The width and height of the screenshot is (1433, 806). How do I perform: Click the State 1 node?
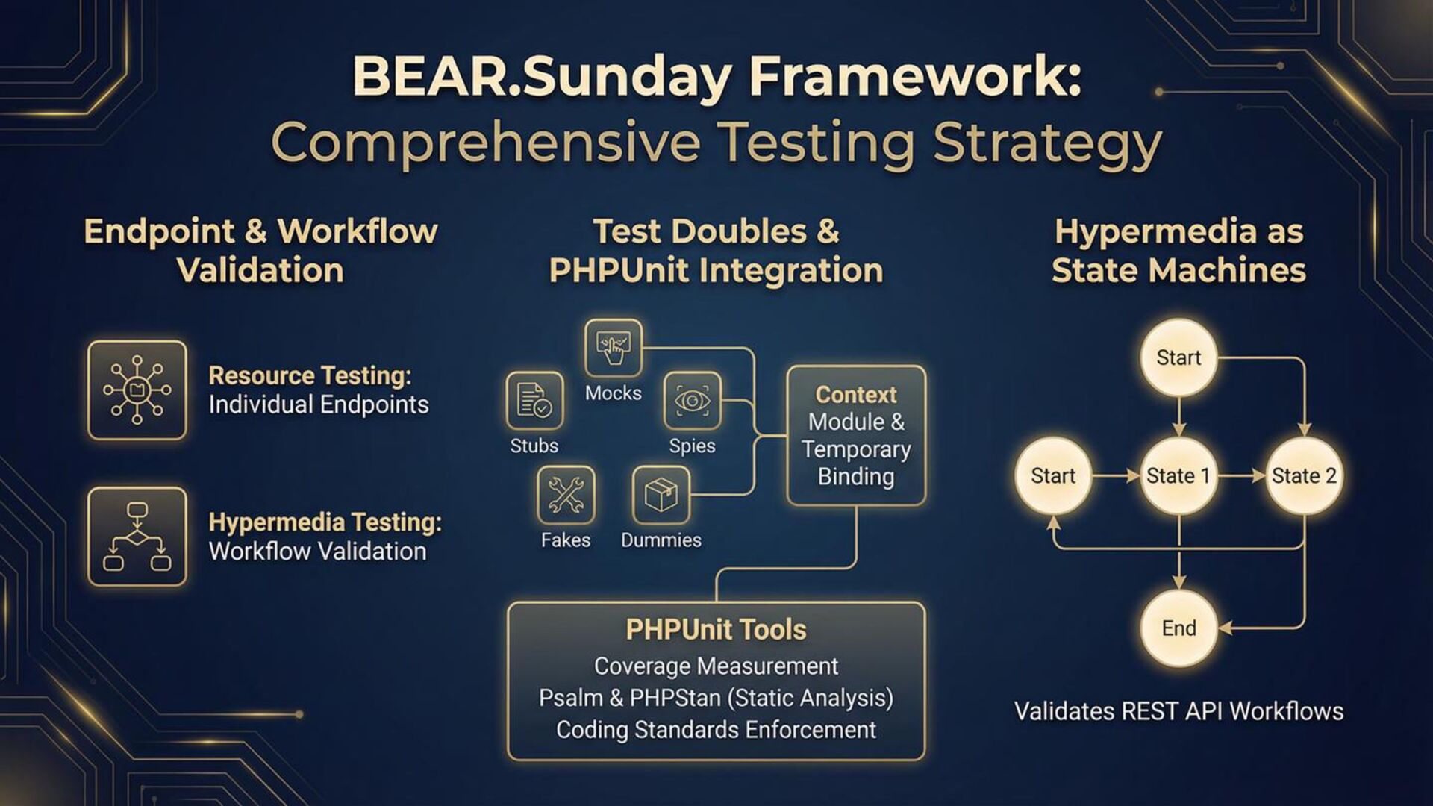[1178, 476]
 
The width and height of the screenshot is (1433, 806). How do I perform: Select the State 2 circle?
[1304, 476]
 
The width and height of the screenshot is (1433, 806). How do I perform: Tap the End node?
[1178, 628]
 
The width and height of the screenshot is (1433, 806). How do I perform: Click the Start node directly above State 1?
[1178, 357]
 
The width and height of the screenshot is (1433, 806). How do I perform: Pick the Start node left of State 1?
[1053, 476]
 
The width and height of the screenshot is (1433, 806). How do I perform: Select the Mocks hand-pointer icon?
[613, 348]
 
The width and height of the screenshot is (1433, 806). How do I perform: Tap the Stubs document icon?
[534, 401]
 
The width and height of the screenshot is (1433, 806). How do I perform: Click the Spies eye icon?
[693, 401]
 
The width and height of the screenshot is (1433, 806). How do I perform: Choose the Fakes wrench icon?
[566, 495]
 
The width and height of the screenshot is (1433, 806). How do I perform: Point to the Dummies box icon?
[661, 495]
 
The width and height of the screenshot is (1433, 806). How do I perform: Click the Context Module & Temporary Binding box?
[856, 436]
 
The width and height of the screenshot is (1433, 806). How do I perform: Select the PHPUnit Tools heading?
[716, 630]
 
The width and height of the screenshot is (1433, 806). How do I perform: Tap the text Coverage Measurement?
[716, 666]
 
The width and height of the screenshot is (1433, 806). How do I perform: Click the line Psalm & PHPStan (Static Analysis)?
[716, 698]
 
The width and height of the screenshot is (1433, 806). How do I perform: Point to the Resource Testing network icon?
[137, 390]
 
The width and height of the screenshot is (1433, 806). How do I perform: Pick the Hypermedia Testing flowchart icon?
[137, 537]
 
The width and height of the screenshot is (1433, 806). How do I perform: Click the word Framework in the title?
[915, 76]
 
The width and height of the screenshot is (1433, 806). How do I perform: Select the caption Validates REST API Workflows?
[1178, 711]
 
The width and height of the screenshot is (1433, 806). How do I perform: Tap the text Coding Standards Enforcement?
[716, 730]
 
